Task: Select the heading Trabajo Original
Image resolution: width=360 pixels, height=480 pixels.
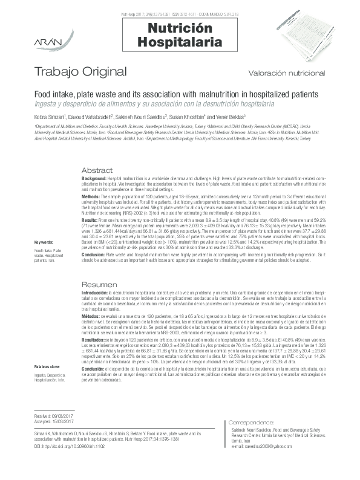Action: (x=81, y=73)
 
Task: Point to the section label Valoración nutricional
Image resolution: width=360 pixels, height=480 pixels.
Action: (x=287, y=73)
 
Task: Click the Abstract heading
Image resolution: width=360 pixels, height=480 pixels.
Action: (x=97, y=170)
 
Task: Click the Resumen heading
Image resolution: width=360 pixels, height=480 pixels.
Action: (x=99, y=284)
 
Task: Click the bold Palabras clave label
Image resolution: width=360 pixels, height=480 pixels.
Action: (x=47, y=349)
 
